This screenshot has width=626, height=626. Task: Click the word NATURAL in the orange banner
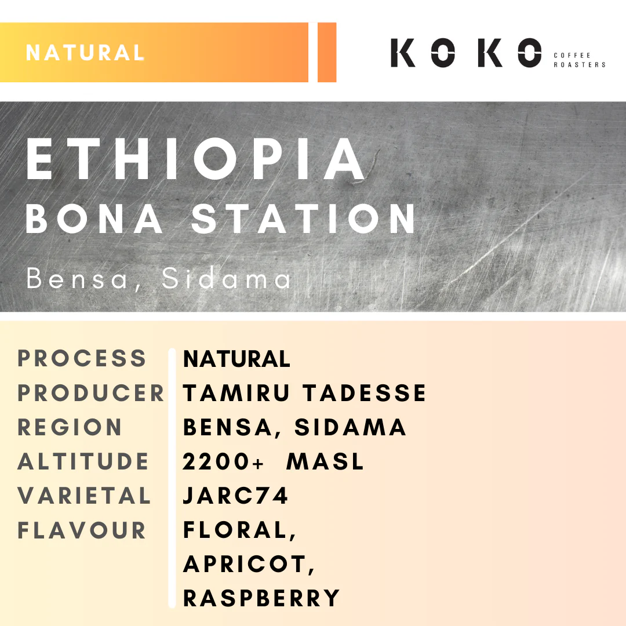point(85,53)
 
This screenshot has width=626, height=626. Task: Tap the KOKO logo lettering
point(466,53)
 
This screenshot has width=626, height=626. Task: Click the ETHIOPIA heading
point(196,159)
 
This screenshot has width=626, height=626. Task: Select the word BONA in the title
point(94,219)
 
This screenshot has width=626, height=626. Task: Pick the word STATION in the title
point(305,219)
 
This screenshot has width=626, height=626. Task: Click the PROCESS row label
point(82,358)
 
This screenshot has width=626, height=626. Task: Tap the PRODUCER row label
point(91,393)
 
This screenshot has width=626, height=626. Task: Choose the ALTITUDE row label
point(83,462)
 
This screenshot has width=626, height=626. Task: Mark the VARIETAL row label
point(84,496)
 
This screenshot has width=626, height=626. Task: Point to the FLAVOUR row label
point(82,530)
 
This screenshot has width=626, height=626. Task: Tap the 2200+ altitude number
point(224,462)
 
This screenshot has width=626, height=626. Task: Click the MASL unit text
point(325,462)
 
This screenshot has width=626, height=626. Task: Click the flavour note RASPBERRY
point(261,598)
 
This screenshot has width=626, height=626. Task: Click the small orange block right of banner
point(327,53)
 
